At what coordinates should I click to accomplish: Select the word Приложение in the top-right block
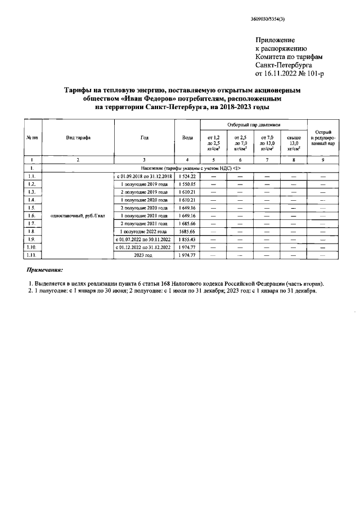tap(275, 40)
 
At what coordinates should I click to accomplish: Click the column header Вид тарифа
tap(78, 137)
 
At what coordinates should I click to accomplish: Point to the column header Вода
tap(187, 137)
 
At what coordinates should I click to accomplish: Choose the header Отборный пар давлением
tap(253, 124)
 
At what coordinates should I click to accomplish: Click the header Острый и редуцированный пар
tap(322, 137)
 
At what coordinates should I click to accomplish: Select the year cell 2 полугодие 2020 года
tap(144, 208)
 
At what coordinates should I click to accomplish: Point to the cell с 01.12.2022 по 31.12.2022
tap(144, 247)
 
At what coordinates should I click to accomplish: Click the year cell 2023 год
tap(144, 255)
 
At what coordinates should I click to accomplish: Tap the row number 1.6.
tap(32, 215)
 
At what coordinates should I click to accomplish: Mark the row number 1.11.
tap(32, 255)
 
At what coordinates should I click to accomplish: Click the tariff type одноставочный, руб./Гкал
tap(78, 215)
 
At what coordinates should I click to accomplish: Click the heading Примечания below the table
tap(46, 269)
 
